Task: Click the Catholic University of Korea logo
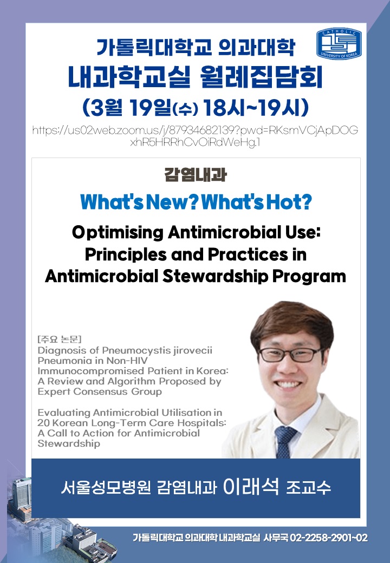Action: pos(339,43)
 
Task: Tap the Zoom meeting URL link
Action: pos(195,136)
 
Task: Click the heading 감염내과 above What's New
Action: pos(196,175)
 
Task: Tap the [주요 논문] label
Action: pos(60,339)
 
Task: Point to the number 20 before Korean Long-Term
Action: pos(43,423)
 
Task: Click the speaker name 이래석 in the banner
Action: pos(251,487)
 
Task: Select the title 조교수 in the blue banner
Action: pos(308,488)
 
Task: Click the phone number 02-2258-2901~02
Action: pos(329,538)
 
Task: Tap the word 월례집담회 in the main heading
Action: pos(260,77)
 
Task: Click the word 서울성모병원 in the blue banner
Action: pos(106,488)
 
